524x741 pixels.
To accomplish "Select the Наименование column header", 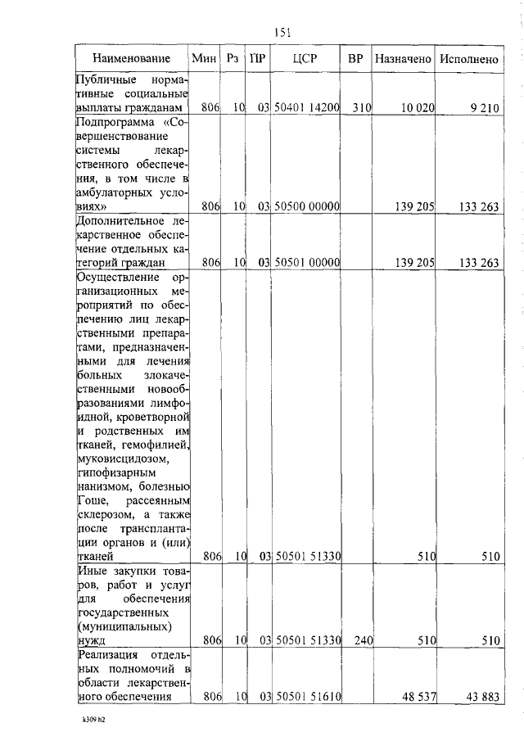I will point(132,59).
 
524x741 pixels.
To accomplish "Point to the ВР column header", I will point(355,59).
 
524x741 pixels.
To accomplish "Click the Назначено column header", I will point(402,59).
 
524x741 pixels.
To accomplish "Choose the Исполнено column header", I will point(469,59).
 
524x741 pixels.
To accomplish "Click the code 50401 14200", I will point(306,108).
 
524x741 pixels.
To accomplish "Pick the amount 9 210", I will point(483,108).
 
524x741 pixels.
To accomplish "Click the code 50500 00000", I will point(306,207).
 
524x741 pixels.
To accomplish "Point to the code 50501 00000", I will point(306,263).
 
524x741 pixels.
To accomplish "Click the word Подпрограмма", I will point(107,123).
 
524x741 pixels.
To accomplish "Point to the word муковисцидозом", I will point(116,459).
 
